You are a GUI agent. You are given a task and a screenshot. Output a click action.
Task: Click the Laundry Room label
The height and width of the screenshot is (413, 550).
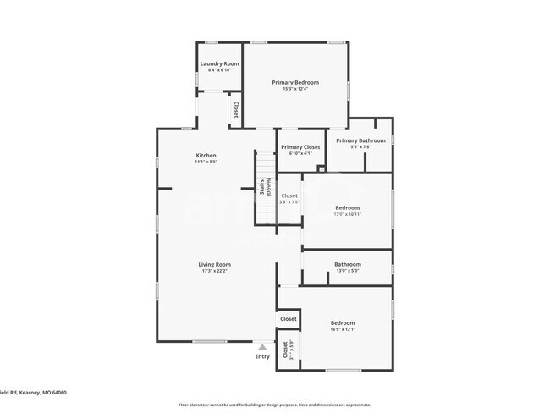click(219, 63)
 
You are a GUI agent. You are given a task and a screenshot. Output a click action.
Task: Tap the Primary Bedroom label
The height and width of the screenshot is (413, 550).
click(294, 82)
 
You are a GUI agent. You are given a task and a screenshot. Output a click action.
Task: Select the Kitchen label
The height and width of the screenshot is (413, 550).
click(206, 155)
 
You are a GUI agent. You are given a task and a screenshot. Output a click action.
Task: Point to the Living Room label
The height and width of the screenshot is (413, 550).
click(215, 264)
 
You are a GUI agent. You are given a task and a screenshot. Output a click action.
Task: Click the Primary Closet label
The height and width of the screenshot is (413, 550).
click(300, 147)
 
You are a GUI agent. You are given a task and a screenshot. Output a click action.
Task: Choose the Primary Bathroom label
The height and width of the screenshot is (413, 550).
click(360, 140)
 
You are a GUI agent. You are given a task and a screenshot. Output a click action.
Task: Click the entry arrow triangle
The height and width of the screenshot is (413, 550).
click(262, 347)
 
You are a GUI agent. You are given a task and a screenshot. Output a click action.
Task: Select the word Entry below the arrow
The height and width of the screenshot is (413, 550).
click(262, 356)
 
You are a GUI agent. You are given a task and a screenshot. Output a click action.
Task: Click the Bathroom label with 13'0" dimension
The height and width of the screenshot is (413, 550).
click(347, 264)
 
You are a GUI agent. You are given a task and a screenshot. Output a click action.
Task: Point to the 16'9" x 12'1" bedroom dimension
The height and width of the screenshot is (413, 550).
click(343, 329)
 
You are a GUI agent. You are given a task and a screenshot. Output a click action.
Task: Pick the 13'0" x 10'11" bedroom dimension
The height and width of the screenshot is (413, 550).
click(347, 214)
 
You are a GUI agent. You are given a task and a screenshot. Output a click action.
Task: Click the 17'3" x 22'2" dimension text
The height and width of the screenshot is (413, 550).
click(215, 271)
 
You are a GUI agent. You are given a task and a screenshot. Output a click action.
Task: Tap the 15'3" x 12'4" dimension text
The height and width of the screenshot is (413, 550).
click(294, 89)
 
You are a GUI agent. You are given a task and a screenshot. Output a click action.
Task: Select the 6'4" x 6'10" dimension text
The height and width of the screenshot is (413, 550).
click(219, 69)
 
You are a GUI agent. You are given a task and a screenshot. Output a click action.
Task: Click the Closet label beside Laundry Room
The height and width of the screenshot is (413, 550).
click(234, 110)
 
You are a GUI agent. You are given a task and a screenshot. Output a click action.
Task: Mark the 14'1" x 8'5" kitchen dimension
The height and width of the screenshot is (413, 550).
click(206, 162)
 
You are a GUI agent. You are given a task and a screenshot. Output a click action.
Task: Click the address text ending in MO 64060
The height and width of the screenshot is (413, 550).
click(33, 392)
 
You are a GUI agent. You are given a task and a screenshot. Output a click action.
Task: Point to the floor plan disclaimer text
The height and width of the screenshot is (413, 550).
click(274, 405)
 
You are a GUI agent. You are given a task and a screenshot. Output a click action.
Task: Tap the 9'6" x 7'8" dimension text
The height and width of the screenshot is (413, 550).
click(360, 147)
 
